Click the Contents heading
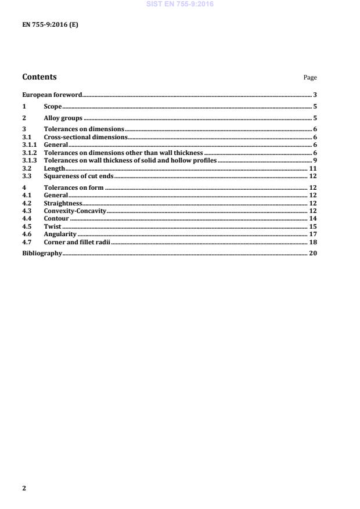pos(39,77)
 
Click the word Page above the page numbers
pos(310,78)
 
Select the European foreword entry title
pos(52,95)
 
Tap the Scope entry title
pos(53,107)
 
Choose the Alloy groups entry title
pos(63,118)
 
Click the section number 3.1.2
pos(30,153)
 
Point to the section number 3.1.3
pos(30,160)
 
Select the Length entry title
pos(54,168)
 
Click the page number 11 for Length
pos(312,168)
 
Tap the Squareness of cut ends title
pos(78,176)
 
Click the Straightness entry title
pos(63,204)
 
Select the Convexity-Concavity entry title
pos(75,211)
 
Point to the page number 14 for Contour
pos(312,219)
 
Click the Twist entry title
pos(52,226)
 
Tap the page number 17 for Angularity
pos(312,234)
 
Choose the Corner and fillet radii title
pos(77,242)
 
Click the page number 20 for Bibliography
pos(312,254)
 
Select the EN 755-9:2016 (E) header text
pos(50,25)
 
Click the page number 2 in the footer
pos(24,488)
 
